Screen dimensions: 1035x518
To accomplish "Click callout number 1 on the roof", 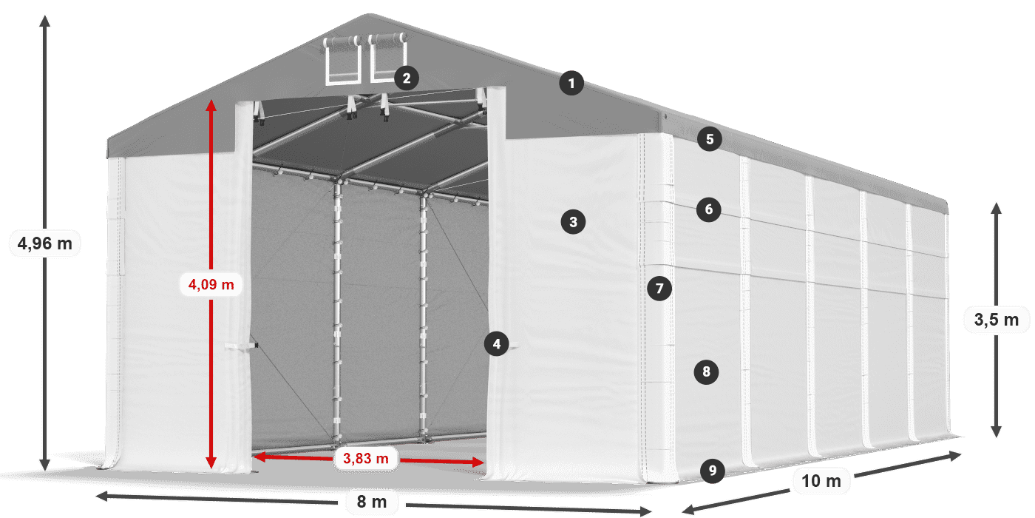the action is (x=571, y=83).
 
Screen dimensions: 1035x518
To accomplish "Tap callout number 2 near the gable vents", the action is (x=407, y=78).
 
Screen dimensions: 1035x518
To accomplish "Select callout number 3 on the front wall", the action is (x=574, y=222).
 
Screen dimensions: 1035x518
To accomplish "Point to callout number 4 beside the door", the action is (x=497, y=343).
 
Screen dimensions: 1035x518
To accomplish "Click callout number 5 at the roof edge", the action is (x=710, y=139).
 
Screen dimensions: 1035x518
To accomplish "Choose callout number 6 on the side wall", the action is (x=709, y=209).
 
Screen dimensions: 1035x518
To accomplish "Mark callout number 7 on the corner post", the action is (x=659, y=289).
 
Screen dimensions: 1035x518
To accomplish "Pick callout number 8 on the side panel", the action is (x=706, y=371).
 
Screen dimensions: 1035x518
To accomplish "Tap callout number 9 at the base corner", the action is (x=713, y=471).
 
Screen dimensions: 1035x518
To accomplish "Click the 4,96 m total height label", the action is (x=45, y=243).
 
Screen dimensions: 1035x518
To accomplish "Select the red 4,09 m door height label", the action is (x=211, y=284).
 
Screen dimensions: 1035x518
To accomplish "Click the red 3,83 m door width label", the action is (x=365, y=458).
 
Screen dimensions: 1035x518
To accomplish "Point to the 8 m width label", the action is (x=372, y=502).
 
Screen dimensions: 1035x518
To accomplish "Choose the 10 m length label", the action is (x=821, y=481).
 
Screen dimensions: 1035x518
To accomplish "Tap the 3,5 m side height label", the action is (x=997, y=320).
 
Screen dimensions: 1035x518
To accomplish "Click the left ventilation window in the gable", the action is (x=342, y=59).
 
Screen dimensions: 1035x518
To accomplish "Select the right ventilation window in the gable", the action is (x=387, y=57).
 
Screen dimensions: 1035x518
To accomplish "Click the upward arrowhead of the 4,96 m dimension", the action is (x=45, y=21).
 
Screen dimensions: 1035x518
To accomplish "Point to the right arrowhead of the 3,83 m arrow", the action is (x=478, y=462).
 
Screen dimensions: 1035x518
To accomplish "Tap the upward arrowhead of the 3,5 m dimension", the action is (x=997, y=208).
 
